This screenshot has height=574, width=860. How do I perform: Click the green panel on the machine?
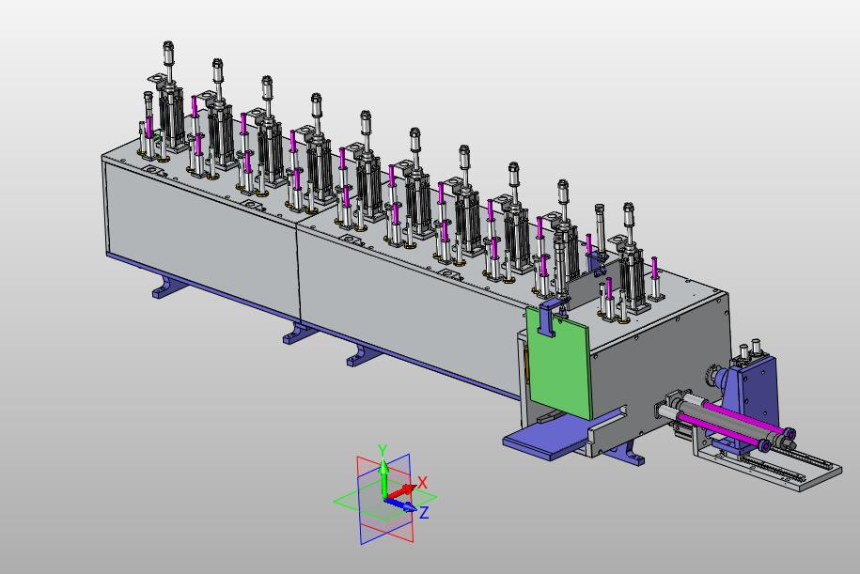coord(557,362)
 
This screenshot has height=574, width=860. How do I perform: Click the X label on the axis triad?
coord(422,483)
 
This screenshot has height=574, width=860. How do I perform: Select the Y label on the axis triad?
coord(383,451)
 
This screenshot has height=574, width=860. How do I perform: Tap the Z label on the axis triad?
coord(424,513)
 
